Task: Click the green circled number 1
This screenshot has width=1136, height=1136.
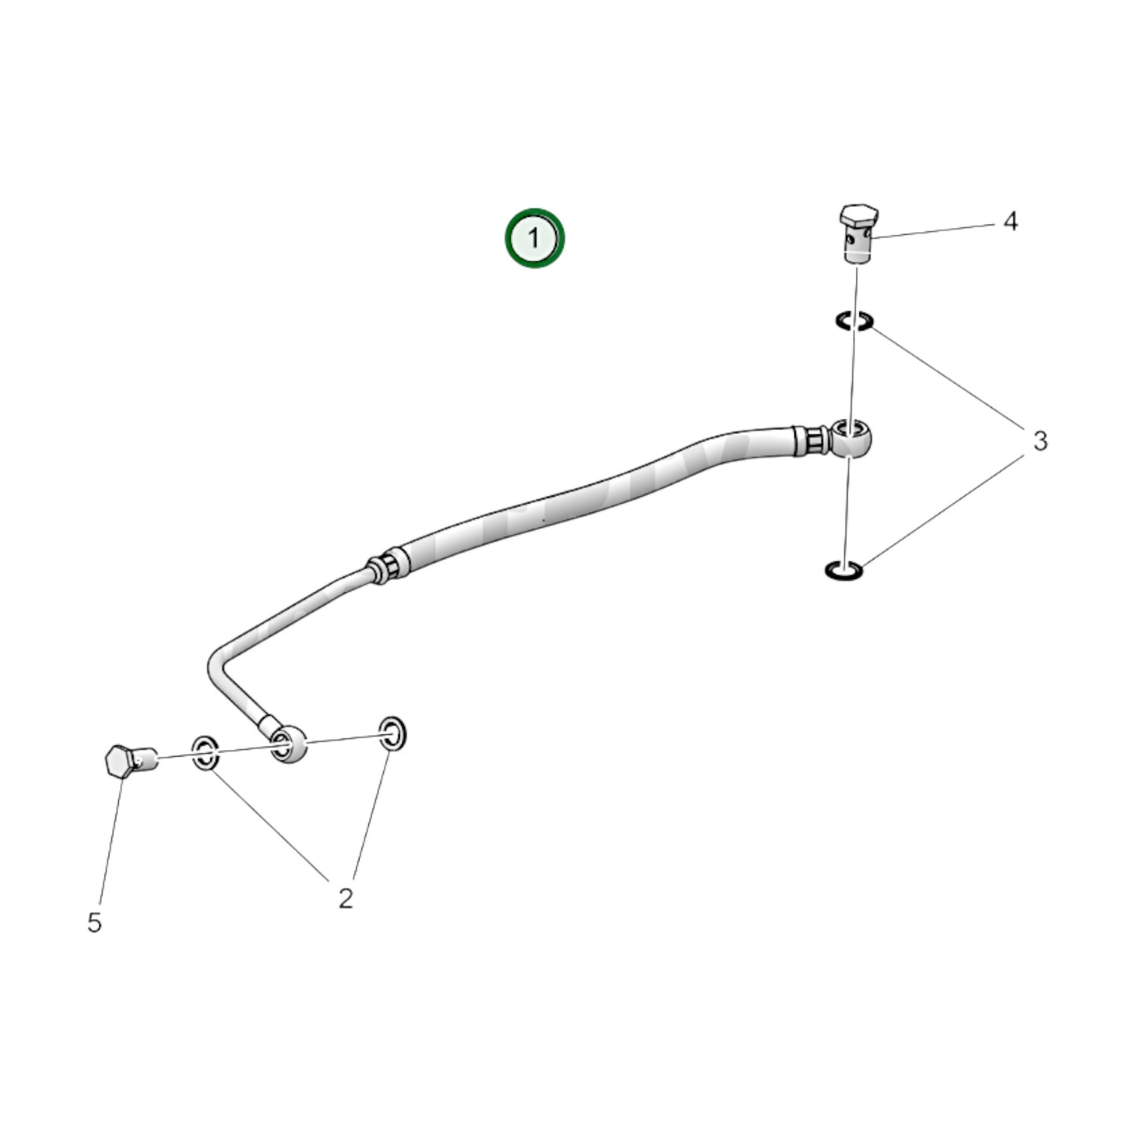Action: pyautogui.click(x=535, y=237)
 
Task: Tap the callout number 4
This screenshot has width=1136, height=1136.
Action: pyautogui.click(x=1010, y=222)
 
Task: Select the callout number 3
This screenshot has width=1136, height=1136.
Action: pyautogui.click(x=1040, y=441)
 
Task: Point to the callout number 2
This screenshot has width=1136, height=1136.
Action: pyautogui.click(x=346, y=898)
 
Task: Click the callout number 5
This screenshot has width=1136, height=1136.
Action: pyautogui.click(x=94, y=923)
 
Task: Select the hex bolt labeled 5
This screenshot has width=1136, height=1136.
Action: pyautogui.click(x=131, y=760)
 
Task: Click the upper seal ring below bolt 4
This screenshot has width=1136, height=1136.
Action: pyautogui.click(x=854, y=321)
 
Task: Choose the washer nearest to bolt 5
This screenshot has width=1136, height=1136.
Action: pyautogui.click(x=205, y=753)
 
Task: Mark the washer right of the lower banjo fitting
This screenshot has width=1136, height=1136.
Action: pyautogui.click(x=392, y=733)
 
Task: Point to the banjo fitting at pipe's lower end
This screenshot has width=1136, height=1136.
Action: pyautogui.click(x=288, y=744)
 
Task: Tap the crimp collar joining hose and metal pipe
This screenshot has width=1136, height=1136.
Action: pyautogui.click(x=387, y=566)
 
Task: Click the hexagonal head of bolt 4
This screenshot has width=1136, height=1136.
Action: pyautogui.click(x=856, y=215)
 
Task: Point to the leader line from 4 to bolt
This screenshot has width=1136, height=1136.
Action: pyautogui.click(x=936, y=230)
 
